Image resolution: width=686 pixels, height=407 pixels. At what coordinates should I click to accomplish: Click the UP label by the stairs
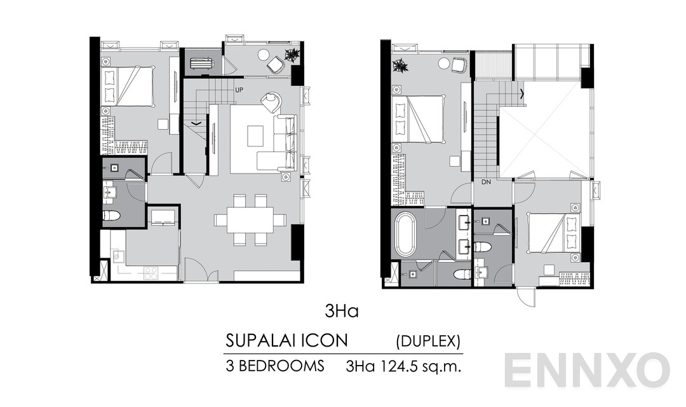click(239, 90)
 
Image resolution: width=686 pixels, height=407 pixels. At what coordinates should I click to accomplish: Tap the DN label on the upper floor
click(487, 182)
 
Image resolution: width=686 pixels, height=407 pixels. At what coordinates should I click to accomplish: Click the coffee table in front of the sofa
click(255, 135)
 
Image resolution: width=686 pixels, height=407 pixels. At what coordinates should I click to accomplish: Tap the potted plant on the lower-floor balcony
click(292, 55)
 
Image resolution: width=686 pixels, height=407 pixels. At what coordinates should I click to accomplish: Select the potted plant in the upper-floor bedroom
click(400, 65)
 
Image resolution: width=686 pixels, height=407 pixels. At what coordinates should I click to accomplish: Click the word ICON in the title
click(328, 341)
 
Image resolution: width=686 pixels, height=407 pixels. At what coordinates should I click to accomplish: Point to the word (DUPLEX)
click(427, 341)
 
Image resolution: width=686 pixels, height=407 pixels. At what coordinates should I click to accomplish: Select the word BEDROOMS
click(283, 366)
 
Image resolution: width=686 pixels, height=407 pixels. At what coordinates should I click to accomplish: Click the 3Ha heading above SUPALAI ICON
click(342, 312)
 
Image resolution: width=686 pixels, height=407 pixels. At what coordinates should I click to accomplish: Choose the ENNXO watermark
click(588, 370)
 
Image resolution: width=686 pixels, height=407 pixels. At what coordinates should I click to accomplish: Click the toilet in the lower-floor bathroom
click(112, 216)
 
